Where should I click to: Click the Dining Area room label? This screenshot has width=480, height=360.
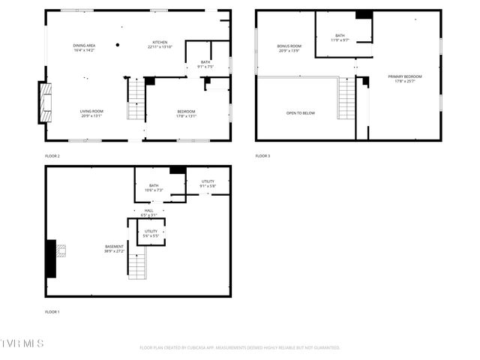point(84,47)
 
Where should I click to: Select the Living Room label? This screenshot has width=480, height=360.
point(91,113)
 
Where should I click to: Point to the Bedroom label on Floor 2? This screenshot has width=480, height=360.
point(186,113)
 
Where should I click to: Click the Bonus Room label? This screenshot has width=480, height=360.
point(289,48)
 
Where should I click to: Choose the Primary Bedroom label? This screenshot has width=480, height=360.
point(405,79)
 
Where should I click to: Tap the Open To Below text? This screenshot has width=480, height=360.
point(301,113)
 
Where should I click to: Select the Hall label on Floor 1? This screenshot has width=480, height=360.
point(148,212)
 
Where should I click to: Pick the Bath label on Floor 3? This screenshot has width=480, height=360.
point(340,37)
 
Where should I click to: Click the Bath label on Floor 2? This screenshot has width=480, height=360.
point(205,64)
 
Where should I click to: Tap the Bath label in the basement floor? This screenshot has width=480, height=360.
point(154,187)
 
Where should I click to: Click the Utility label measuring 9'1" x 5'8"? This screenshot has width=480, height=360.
point(208,184)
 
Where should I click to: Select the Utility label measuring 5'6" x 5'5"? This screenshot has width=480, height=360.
point(151,233)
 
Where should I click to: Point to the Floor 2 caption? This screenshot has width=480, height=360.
point(52,155)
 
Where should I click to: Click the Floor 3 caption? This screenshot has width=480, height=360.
point(262,155)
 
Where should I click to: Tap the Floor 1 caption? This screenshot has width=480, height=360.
point(52,311)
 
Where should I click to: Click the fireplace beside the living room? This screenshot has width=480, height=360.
point(46,102)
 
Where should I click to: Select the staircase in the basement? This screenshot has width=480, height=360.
point(136,265)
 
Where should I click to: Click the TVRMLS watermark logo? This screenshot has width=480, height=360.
point(22,343)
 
